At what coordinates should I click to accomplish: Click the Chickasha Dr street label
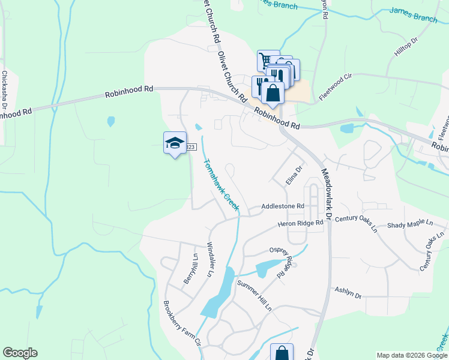point(4,90)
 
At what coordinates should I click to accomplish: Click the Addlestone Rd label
point(283,206)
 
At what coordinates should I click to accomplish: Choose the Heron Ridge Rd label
point(301,223)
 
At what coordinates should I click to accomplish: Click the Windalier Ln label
point(210,259)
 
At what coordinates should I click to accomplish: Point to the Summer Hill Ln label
point(254,295)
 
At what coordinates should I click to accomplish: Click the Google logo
point(20,353)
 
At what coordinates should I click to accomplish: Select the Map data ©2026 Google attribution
point(411,355)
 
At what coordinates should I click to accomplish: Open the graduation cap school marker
point(175,143)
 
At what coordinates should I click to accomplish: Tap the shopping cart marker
point(265,59)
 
